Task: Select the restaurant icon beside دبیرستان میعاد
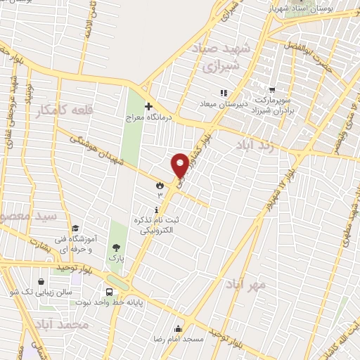tap(223, 92)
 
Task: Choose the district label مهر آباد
tap(246, 284)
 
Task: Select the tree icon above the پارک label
tap(115, 247)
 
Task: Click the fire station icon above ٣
tap(160, 185)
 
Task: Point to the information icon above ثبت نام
tap(155, 209)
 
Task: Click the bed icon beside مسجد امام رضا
tap(179, 328)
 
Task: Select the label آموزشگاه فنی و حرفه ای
tap(84, 243)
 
